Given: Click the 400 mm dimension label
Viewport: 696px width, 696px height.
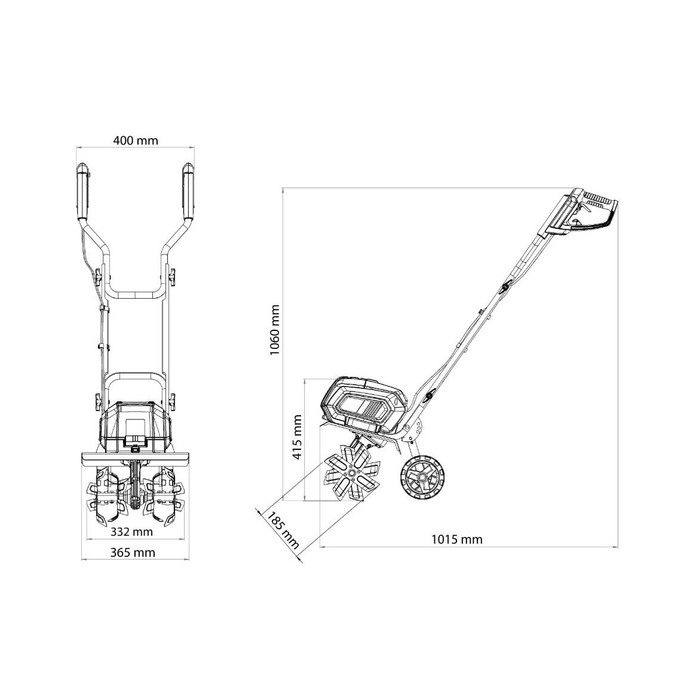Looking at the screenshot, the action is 136,141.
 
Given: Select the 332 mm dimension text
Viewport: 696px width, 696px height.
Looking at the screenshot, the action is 131,531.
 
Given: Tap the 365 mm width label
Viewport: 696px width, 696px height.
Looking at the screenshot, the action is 133,553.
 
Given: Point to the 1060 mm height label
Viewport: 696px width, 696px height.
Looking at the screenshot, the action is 275,330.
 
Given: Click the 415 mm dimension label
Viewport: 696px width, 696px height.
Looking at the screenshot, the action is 297,437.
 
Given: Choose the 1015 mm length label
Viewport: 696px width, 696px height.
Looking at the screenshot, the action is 457,539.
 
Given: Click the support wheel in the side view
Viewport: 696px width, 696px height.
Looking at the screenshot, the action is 422,477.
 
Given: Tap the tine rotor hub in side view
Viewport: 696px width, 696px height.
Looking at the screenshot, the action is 352,474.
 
